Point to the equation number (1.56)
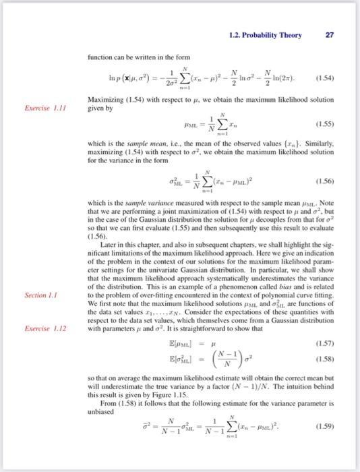(x=323, y=181)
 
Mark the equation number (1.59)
(x=323, y=444)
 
